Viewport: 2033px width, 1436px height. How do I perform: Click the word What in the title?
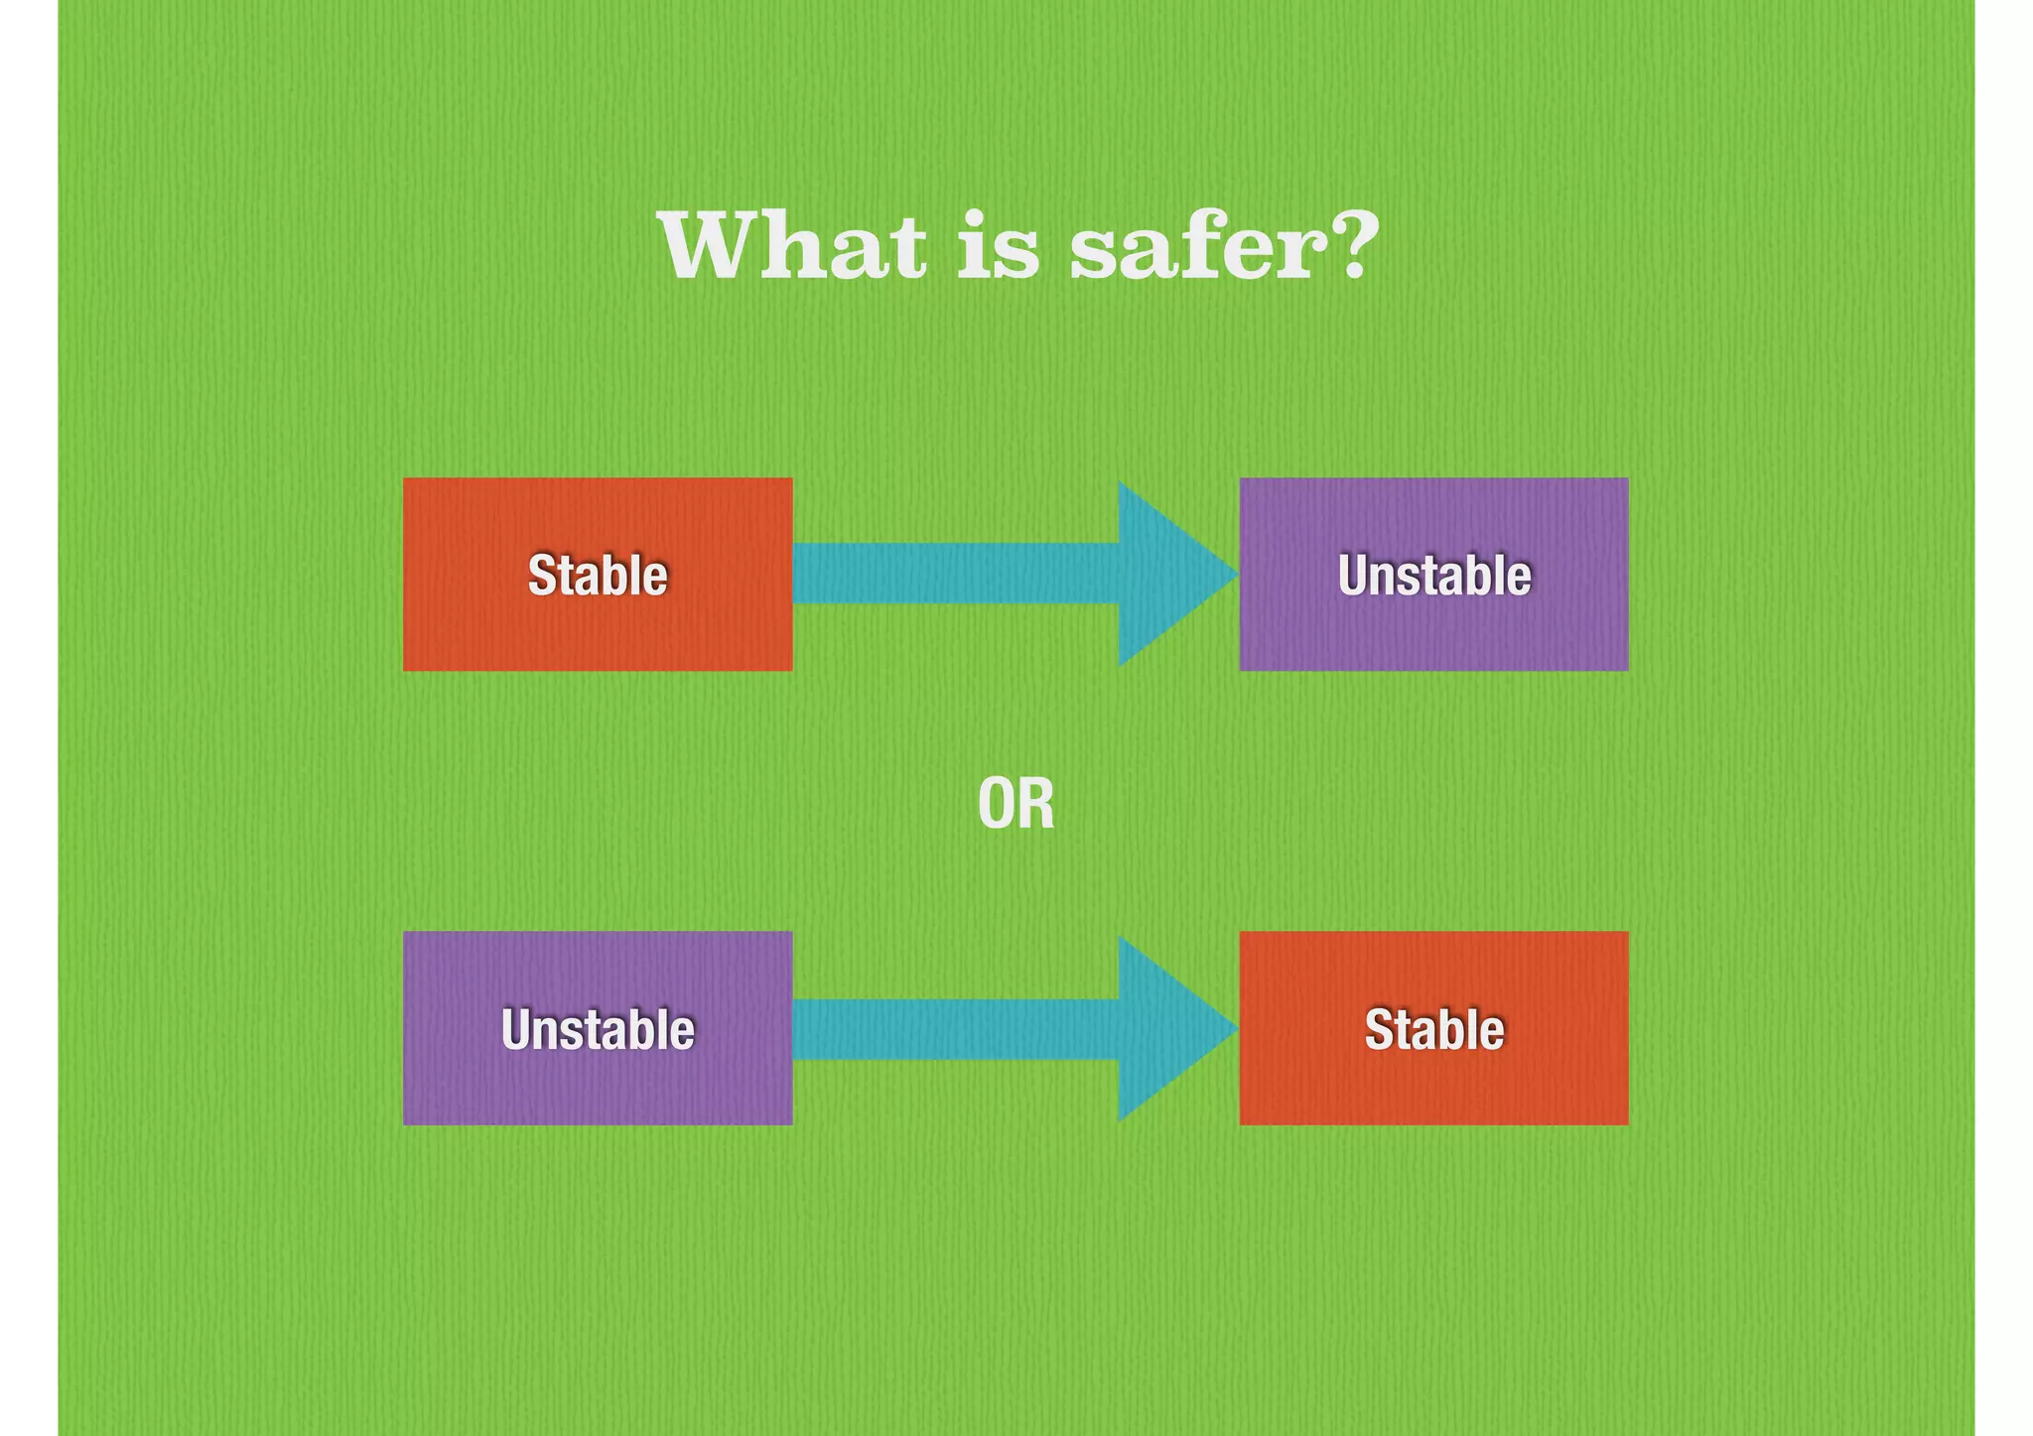791,247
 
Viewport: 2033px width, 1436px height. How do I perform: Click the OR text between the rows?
1016,805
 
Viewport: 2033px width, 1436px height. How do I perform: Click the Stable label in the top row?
598,576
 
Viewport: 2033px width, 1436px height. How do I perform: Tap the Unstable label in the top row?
1433,576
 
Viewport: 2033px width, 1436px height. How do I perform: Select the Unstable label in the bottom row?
598,1029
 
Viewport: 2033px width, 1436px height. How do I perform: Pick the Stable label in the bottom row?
1433,1029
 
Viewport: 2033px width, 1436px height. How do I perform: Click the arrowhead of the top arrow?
1166,574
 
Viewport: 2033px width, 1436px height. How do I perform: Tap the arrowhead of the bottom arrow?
1166,1028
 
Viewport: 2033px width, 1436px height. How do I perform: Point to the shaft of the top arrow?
953,574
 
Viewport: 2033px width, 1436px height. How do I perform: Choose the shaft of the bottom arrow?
953,1028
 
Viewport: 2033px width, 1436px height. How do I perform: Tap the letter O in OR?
997,805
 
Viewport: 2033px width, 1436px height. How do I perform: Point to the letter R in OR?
1036,805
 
